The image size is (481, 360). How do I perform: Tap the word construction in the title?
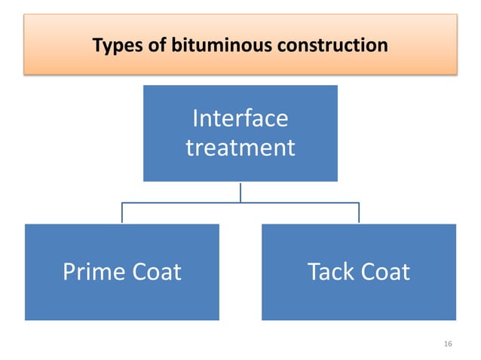(x=329, y=46)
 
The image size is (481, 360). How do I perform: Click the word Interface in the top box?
(x=240, y=119)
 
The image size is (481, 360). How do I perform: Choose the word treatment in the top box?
(x=240, y=147)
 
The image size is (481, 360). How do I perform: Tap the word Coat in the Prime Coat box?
(x=154, y=272)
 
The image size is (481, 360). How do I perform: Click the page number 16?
(x=448, y=344)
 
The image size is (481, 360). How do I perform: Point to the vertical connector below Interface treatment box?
(x=240, y=191)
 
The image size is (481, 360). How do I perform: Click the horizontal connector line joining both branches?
(x=240, y=203)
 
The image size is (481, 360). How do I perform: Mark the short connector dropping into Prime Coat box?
(x=122, y=213)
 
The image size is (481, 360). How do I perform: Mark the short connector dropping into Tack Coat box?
(x=359, y=213)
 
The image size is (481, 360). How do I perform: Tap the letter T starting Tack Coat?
(x=314, y=272)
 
